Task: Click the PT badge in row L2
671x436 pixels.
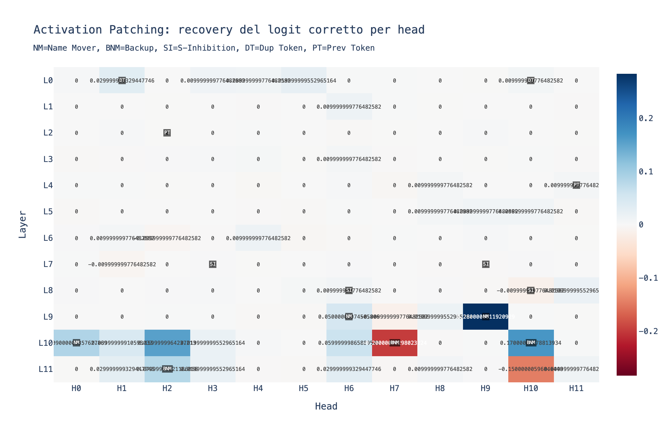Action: pyautogui.click(x=167, y=133)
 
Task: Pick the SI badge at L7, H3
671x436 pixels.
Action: pyautogui.click(x=213, y=264)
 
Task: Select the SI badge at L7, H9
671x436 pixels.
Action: pyautogui.click(x=485, y=264)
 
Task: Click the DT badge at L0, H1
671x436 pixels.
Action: pyautogui.click(x=122, y=80)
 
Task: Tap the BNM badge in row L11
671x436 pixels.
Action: pyautogui.click(x=167, y=369)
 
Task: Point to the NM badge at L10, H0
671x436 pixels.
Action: pyautogui.click(x=76, y=343)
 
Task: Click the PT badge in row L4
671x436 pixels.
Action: pyautogui.click(x=576, y=185)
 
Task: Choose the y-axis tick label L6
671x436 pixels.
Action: pyautogui.click(x=48, y=238)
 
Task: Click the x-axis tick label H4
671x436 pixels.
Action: pyautogui.click(x=258, y=389)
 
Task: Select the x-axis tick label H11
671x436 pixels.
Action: pyautogui.click(x=576, y=389)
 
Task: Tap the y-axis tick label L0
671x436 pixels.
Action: pyautogui.click(x=48, y=80)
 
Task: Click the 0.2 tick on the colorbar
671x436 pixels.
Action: pyautogui.click(x=646, y=118)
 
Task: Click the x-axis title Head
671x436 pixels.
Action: pyautogui.click(x=326, y=406)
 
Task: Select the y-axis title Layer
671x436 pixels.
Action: pyautogui.click(x=22, y=224)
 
